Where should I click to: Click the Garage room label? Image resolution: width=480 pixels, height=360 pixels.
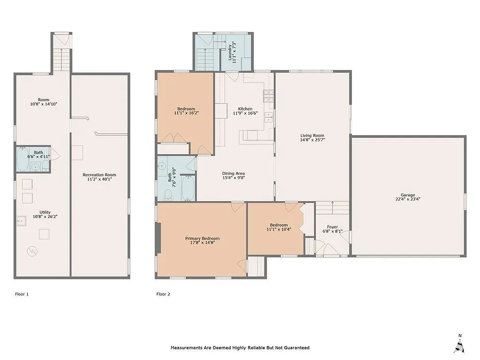pos(407,195)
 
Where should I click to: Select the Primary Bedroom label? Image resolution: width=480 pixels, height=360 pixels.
pos(202,239)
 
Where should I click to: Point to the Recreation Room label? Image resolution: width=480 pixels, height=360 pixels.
pos(99,175)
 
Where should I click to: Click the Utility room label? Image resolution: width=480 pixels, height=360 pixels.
pos(42,212)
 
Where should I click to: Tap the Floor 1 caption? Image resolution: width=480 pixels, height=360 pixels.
pos(22,294)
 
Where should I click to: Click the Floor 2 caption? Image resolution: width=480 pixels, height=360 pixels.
pos(163,294)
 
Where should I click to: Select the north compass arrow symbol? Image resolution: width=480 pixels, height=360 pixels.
pos(459,345)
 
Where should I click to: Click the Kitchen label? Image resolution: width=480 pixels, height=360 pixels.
pos(245,109)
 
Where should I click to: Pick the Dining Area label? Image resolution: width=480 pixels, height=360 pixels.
pos(233,173)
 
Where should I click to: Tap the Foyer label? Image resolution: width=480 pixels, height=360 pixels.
pos(332,227)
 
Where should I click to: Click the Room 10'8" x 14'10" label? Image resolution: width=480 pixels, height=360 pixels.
pos(44,100)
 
